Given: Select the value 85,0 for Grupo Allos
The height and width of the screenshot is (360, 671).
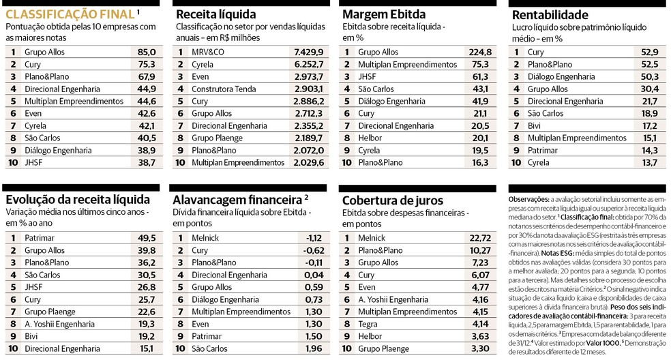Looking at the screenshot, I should [147, 52].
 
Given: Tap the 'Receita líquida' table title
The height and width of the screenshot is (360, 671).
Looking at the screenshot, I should [215, 14].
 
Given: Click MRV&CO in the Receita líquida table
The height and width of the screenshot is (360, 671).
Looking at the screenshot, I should [207, 52].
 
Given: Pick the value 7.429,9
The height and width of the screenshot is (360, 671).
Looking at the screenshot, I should [308, 52].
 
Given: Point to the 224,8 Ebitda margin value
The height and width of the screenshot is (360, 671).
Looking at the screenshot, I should [480, 52].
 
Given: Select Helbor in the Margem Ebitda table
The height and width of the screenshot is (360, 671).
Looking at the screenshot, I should [370, 138].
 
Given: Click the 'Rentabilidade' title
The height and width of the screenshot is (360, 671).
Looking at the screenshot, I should [549, 14].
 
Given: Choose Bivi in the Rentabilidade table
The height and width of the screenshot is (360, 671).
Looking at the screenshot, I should [536, 125].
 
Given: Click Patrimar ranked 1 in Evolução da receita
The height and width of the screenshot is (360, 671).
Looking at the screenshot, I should [40, 238].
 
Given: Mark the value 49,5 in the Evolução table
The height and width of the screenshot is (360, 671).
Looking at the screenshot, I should [147, 238].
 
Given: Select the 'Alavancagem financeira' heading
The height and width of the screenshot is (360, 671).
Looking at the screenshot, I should [237, 200].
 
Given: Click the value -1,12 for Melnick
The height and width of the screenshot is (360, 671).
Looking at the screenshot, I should [314, 238].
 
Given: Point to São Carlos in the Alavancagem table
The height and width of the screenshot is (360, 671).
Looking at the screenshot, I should [211, 348].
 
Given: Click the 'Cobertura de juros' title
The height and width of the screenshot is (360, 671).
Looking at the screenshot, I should [392, 200].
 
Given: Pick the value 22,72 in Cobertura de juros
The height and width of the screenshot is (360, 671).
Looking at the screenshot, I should [480, 238].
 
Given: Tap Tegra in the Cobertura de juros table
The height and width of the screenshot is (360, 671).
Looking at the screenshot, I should [368, 324].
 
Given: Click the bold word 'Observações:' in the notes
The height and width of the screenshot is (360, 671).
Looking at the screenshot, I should [529, 198].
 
